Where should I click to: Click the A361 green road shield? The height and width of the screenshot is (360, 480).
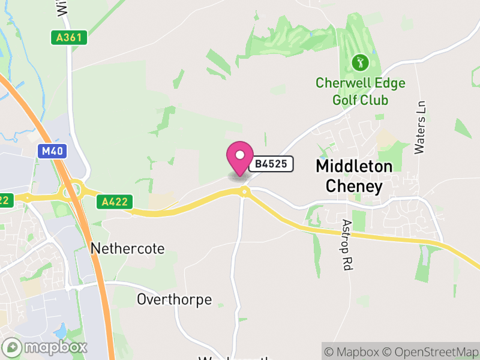tap(69, 37)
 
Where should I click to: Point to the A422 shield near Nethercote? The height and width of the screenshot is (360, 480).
tap(115, 202)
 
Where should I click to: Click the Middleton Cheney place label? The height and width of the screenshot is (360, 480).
tap(354, 176)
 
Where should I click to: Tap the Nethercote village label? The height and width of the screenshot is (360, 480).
tap(127, 248)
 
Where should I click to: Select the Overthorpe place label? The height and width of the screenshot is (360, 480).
tap(174, 299)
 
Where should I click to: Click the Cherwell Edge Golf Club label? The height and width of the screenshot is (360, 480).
tap(361, 91)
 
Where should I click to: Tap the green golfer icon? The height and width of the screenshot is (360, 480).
tap(360, 61)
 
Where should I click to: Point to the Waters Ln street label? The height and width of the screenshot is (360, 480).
tap(420, 127)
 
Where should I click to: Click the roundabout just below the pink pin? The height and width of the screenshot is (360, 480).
tap(244, 191)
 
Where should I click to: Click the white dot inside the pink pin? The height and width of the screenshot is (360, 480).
tap(240, 155)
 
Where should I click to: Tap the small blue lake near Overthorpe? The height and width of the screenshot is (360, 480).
tap(61, 331)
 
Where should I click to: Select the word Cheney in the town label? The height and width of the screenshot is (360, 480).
tap(354, 186)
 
